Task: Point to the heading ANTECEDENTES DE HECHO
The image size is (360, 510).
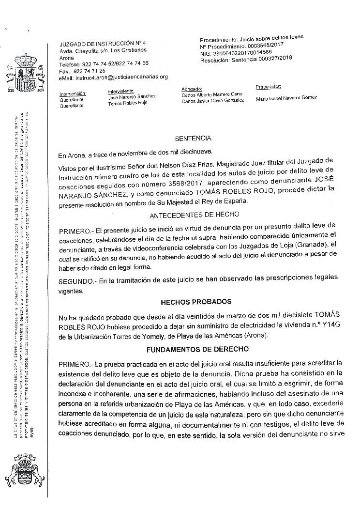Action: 200,214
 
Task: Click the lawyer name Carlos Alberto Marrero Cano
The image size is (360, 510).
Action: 209,95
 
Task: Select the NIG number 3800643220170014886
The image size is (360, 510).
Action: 242,52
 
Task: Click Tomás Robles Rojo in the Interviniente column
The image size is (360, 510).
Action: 128,103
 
